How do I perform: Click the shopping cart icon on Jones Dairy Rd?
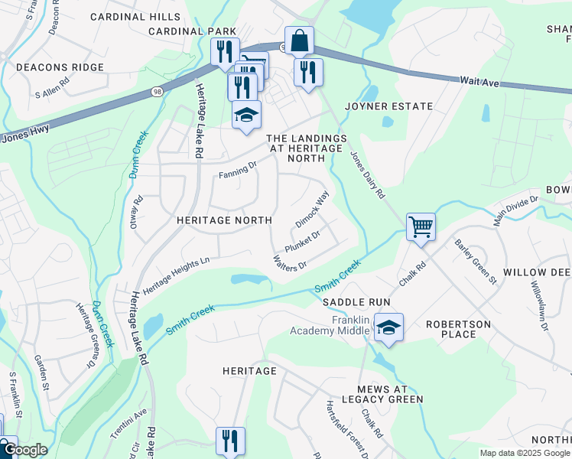[x=421, y=226]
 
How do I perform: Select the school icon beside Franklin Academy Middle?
[x=388, y=328]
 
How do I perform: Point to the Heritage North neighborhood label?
[x=224, y=220]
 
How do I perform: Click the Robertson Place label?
[x=458, y=329]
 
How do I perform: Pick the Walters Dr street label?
[x=290, y=262]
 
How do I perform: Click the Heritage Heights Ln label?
[x=176, y=275]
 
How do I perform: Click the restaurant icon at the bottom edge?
[x=230, y=441]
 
